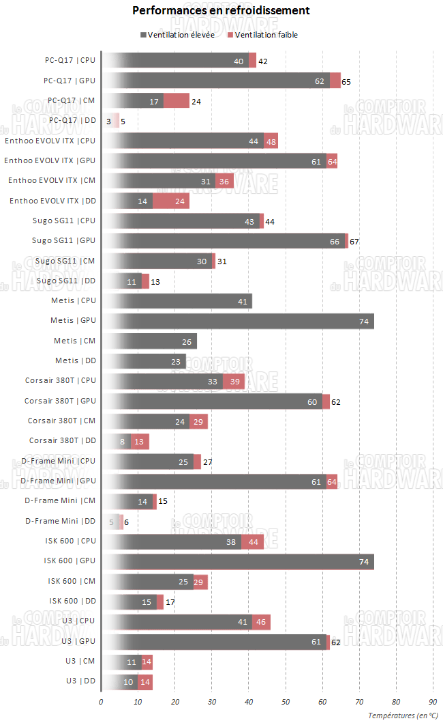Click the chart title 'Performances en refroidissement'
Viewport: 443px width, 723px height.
[221, 10]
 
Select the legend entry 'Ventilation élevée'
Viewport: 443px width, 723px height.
[177, 35]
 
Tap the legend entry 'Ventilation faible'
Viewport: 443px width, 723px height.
[262, 35]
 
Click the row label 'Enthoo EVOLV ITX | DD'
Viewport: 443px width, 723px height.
[52, 201]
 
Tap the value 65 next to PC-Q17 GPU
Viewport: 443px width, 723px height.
[346, 81]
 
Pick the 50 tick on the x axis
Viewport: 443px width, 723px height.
[286, 701]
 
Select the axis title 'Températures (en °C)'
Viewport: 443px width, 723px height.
[403, 715]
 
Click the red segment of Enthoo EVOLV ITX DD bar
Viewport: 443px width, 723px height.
[170, 201]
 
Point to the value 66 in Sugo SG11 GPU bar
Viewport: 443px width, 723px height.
[335, 241]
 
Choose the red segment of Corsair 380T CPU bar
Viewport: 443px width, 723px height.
[234, 381]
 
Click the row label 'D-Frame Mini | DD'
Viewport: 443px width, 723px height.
[61, 522]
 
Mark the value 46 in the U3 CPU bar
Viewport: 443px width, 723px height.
[262, 622]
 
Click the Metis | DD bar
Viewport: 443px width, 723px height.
[143, 361]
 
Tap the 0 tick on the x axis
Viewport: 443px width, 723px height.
[101, 701]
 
